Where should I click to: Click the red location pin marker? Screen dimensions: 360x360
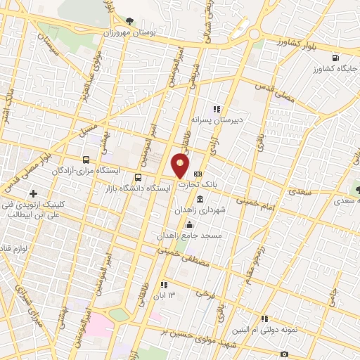point(181,166)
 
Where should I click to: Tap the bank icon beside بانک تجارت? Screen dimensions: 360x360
point(198,174)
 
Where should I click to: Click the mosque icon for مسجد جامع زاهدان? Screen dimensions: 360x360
point(188,224)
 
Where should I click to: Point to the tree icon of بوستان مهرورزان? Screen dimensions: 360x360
point(132,22)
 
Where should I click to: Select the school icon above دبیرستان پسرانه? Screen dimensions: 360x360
point(217,109)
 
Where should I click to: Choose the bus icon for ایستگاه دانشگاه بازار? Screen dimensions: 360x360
point(139,177)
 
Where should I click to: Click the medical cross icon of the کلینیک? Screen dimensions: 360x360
point(34,193)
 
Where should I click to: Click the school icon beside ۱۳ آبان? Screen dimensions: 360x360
point(164,285)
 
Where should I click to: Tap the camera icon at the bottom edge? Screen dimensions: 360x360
point(284,354)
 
